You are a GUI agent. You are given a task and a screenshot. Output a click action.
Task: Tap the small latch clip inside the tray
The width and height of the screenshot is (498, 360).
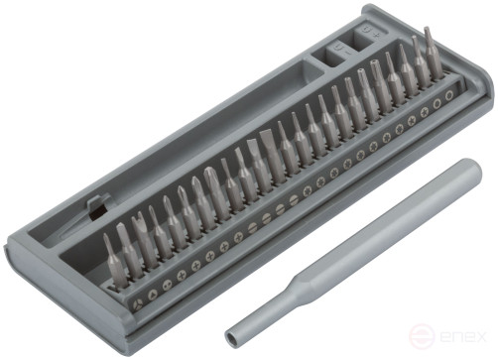[96, 209]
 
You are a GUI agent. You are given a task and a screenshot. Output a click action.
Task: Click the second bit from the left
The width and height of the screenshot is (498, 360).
[126, 253]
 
